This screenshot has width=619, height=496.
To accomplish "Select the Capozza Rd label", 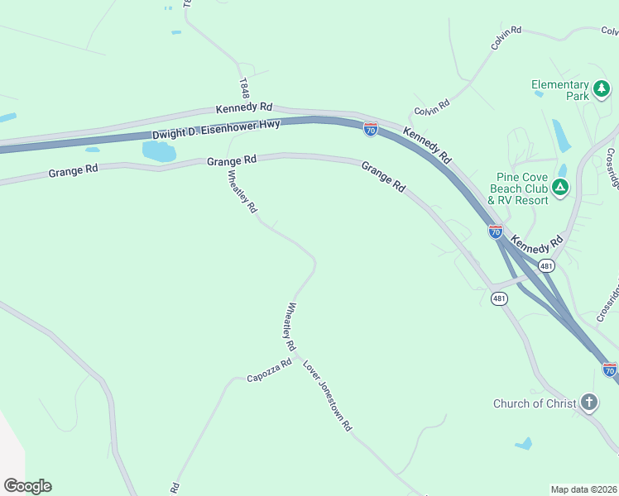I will (270, 370).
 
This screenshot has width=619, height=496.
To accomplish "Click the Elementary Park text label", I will (559, 90).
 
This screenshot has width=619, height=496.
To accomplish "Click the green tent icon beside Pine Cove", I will (561, 188).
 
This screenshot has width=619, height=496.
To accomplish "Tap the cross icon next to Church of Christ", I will (588, 403).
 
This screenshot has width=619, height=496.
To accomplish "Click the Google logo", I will (27, 486).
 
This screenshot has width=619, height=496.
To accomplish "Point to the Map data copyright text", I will (583, 489).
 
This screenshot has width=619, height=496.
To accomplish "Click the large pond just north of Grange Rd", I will (159, 150).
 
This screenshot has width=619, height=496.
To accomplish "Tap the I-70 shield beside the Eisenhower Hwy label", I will (371, 130).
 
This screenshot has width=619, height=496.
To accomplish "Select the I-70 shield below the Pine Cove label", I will (495, 232).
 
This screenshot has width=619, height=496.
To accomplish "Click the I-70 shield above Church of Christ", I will (609, 369).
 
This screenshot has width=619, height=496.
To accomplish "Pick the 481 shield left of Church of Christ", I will (498, 298).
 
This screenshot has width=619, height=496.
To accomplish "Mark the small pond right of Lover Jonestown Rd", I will (523, 444).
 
